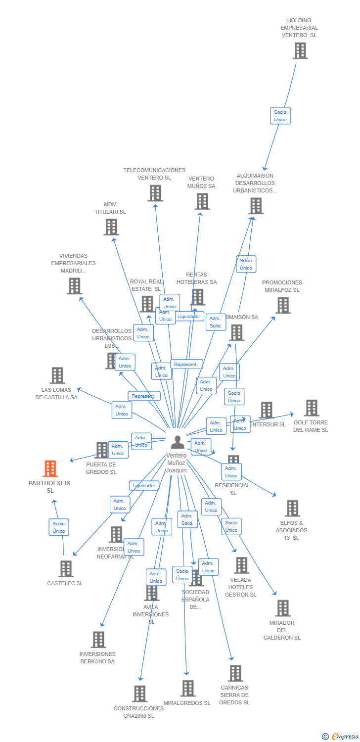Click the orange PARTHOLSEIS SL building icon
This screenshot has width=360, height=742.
pos(50,468)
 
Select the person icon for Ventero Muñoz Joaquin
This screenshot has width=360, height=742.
pos(177,442)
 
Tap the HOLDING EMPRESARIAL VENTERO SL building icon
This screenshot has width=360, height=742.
pos(300,50)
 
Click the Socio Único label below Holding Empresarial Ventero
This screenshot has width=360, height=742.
pos(280,116)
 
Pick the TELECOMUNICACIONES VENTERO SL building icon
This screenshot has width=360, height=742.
pos(155,193)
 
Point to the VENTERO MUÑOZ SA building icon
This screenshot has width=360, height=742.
pos(202,201)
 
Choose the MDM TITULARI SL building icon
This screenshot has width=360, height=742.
pos(111,227)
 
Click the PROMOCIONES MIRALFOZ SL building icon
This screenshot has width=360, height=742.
pos(283,305)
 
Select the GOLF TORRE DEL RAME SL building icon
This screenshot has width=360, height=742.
pos(311,408)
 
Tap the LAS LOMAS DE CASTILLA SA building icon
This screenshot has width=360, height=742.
pos(57,375)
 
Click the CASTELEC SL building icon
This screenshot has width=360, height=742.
pos(66,569)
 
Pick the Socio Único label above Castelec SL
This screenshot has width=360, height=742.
pos(59,527)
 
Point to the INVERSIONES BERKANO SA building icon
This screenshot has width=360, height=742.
pos(98,640)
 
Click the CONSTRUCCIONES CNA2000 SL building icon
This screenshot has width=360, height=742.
pos(140,694)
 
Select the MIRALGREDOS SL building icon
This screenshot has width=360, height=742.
pos(187,688)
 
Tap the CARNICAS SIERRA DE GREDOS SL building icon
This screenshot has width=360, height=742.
pos(235,673)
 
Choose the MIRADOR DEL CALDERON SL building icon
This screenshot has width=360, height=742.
pos(282,608)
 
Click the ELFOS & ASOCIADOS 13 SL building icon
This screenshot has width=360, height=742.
pos(292,508)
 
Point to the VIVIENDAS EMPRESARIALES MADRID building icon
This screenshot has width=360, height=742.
pos(74,286)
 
